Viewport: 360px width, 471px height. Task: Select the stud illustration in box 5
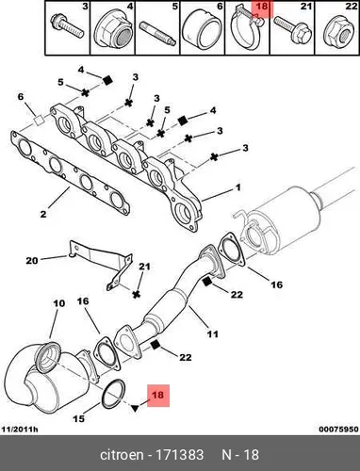click(x=156, y=34)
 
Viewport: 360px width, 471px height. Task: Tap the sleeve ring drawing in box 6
click(x=201, y=30)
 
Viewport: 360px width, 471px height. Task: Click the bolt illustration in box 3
click(x=67, y=26)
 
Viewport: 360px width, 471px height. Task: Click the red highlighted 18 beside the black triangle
click(x=157, y=396)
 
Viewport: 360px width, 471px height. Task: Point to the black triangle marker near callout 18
click(x=135, y=408)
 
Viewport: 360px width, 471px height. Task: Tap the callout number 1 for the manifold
click(x=238, y=187)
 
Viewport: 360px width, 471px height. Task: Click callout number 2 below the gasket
click(x=43, y=214)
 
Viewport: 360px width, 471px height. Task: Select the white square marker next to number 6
click(x=39, y=121)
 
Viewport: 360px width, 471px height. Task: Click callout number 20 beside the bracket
click(x=32, y=260)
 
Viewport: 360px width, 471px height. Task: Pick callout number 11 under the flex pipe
click(x=212, y=333)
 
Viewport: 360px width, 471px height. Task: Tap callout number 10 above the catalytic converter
click(x=58, y=303)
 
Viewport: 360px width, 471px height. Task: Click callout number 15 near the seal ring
click(x=78, y=418)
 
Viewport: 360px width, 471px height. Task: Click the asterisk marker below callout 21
click(x=136, y=295)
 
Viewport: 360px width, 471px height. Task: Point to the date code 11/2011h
click(x=20, y=429)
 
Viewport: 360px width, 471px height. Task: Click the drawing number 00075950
click(x=338, y=429)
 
